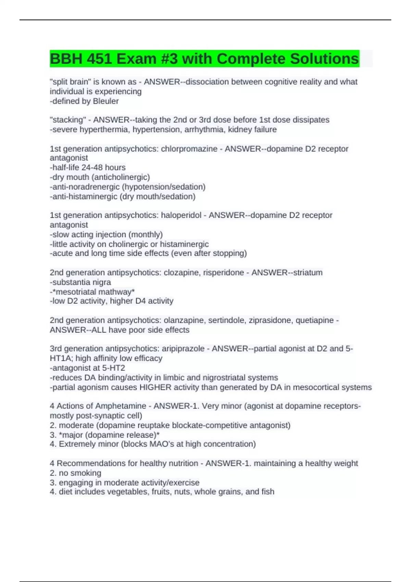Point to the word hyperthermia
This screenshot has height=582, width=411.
(x=105, y=129)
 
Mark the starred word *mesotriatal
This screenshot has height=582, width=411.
(x=74, y=292)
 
